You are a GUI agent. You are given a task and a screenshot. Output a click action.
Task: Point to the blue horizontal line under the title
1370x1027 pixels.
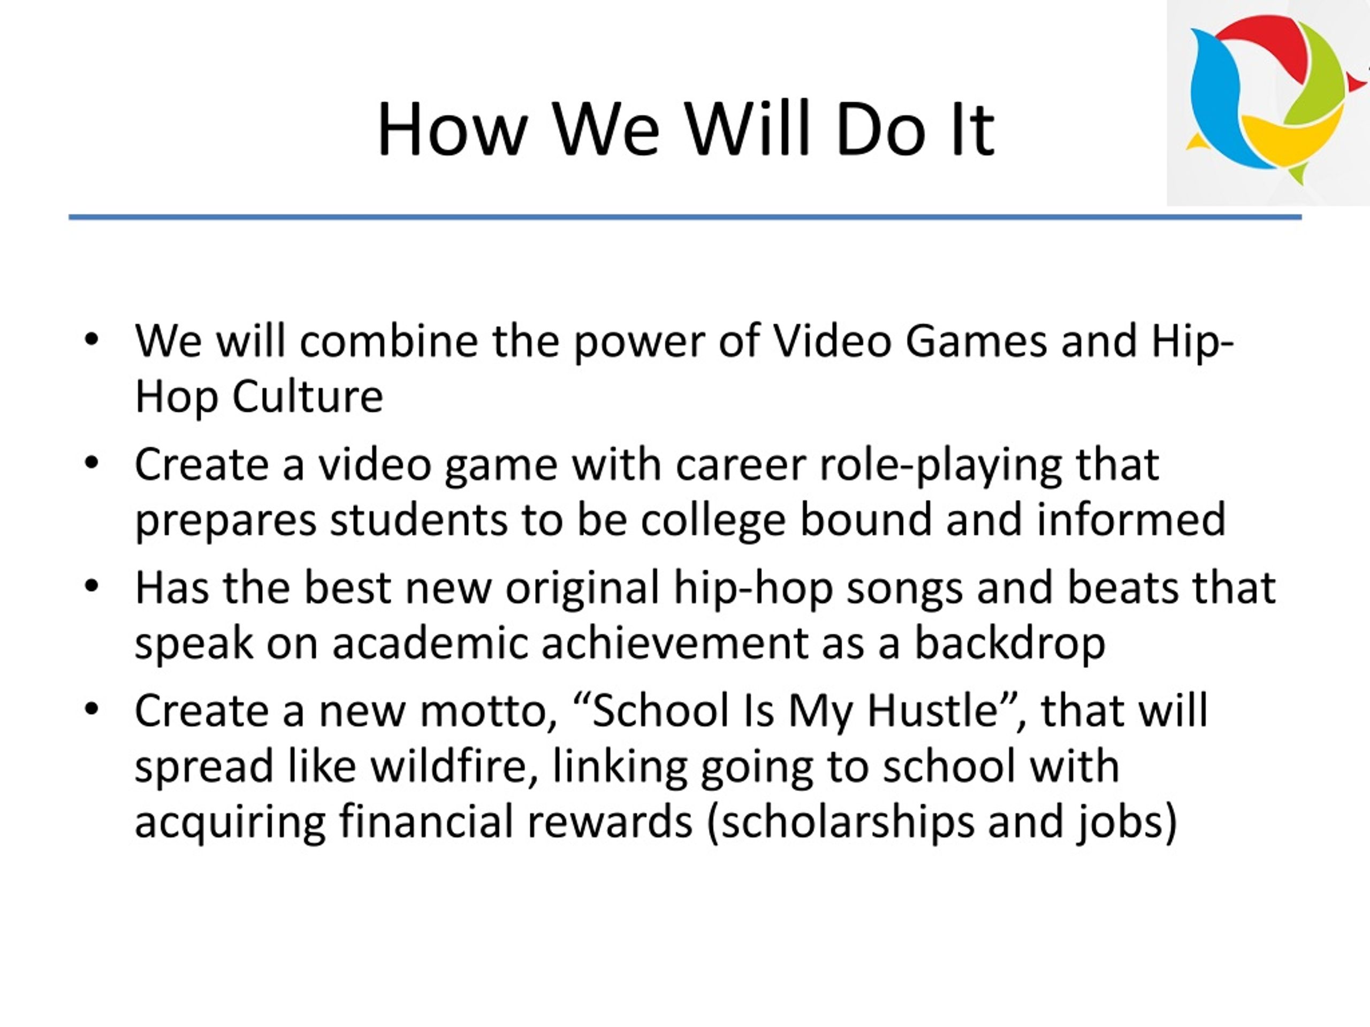(x=685, y=217)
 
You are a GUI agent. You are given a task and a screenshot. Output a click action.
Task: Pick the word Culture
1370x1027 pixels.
(x=308, y=396)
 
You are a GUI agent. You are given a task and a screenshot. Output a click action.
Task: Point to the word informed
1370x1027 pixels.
(x=1131, y=519)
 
